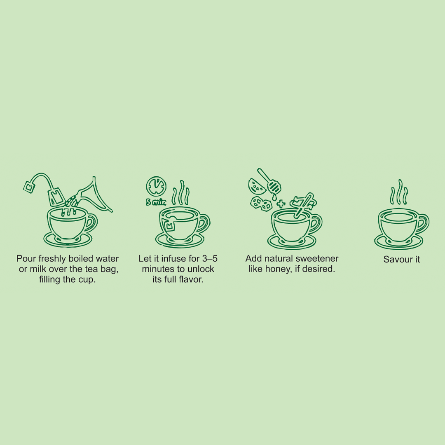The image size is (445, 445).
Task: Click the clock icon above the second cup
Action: pyautogui.click(x=156, y=186)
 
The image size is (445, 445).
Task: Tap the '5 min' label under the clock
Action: pyautogui.click(x=156, y=202)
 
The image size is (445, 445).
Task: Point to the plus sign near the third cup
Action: pyautogui.click(x=281, y=204)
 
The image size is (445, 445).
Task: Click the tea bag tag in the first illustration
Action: pyautogui.click(x=29, y=187)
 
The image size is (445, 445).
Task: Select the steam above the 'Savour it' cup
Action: pyautogui.click(x=399, y=192)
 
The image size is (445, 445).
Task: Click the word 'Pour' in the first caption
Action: pyautogui.click(x=26, y=258)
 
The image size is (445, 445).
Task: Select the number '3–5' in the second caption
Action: pyautogui.click(x=210, y=258)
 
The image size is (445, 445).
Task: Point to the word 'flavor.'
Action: pyautogui.click(x=191, y=279)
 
